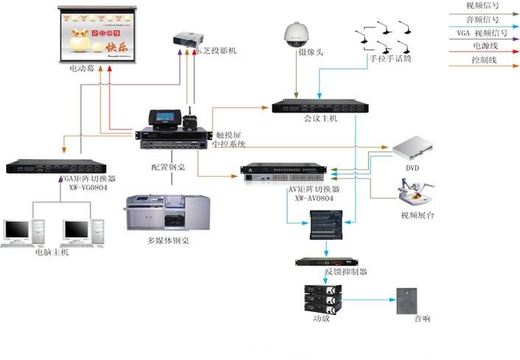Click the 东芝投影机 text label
click(x=217, y=50)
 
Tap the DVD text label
click(x=412, y=169)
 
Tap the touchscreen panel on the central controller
click(x=162, y=118)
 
